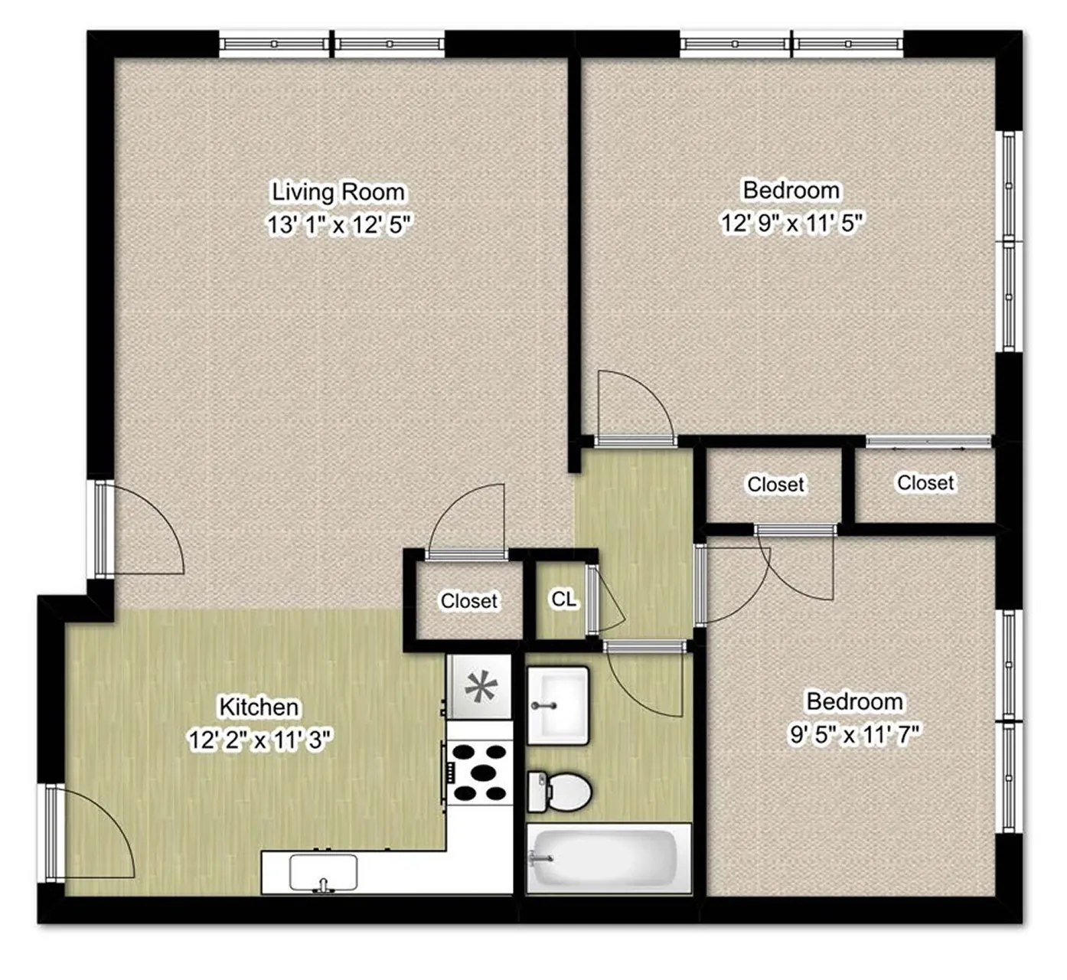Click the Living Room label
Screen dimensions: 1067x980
point(338,193)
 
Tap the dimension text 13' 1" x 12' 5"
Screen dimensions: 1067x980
point(339,225)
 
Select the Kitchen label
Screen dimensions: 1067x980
point(259,707)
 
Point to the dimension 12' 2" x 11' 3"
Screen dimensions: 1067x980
point(260,740)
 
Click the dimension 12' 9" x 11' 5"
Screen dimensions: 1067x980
point(791,223)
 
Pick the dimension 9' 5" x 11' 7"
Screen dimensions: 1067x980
point(855,735)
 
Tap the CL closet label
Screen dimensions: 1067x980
point(564,599)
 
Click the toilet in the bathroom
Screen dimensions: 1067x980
point(559,792)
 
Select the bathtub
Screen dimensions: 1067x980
point(609,859)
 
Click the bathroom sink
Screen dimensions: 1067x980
point(558,705)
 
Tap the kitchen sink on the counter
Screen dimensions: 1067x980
point(323,873)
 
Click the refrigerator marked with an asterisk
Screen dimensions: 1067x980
point(481,688)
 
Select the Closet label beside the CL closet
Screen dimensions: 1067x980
point(469,601)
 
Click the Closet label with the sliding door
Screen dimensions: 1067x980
point(925,483)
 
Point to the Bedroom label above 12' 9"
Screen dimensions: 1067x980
point(791,191)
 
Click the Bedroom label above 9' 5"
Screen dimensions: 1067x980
point(855,702)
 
